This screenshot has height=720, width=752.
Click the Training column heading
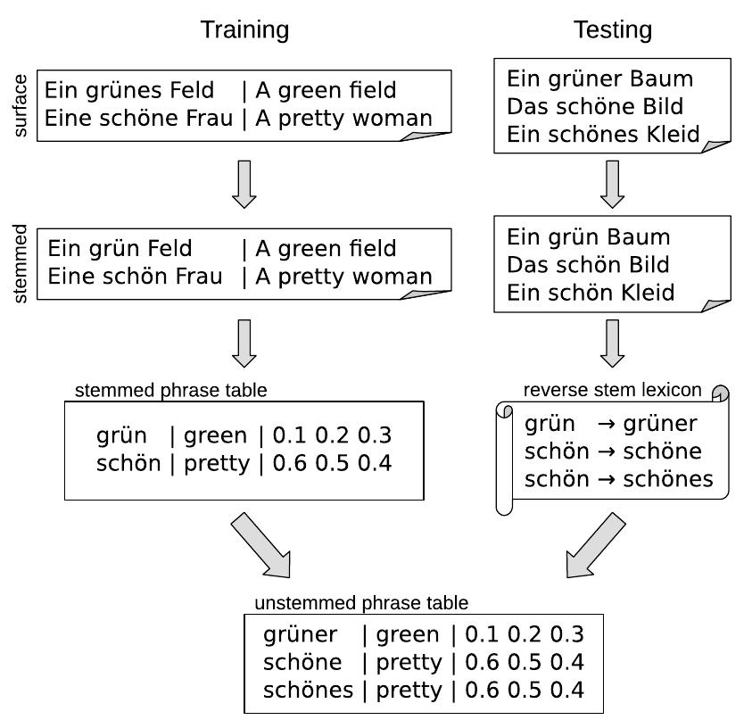[244, 29]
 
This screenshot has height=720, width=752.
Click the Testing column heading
[612, 29]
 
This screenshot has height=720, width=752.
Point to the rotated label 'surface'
[22, 105]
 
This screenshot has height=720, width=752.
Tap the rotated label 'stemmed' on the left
[22, 263]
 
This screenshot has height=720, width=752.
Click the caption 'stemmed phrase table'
[170, 390]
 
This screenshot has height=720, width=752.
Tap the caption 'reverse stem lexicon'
[612, 390]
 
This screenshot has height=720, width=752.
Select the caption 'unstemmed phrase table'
[361, 603]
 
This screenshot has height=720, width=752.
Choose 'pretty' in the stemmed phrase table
[217, 464]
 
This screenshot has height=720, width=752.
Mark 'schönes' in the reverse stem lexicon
[668, 479]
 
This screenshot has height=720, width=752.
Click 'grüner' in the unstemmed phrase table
[301, 634]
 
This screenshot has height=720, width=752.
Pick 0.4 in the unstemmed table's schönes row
[566, 690]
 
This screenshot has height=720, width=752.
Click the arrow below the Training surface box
[244, 183]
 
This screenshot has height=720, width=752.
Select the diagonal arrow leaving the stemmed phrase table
[260, 545]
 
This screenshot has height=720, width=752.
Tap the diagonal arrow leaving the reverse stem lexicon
[596, 545]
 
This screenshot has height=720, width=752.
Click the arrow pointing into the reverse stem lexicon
[612, 343]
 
